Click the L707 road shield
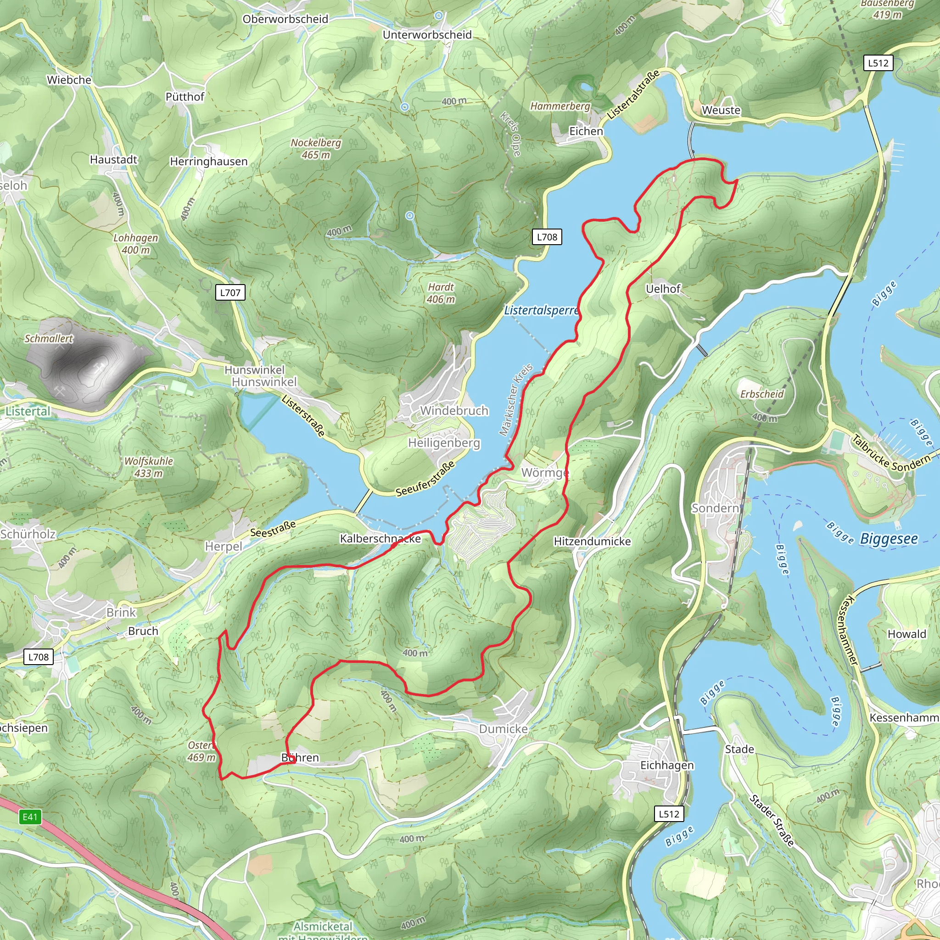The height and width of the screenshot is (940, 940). point(230,292)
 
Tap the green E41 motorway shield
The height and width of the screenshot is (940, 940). point(30,817)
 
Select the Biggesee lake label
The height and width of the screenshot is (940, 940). point(889,538)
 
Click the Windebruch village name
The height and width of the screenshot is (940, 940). point(454,411)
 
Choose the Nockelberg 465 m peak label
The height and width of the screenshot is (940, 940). point(316,148)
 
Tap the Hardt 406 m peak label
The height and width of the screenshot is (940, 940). point(441,293)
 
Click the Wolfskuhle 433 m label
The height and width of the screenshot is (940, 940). point(148,467)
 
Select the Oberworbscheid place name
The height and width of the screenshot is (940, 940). point(285,19)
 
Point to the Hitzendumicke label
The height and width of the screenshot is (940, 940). point(592,542)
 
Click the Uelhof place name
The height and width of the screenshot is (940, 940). point(663,289)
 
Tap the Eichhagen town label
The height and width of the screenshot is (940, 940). point(666,765)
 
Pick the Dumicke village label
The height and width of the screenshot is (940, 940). point(503,729)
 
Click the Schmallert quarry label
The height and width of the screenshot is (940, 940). point(49,338)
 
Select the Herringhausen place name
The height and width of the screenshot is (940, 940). point(208,161)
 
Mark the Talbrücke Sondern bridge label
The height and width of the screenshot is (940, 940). point(891,453)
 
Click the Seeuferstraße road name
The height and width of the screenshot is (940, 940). point(425,479)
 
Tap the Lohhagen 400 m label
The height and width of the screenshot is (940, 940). point(136,243)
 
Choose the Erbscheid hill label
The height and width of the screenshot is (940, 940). point(762,394)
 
